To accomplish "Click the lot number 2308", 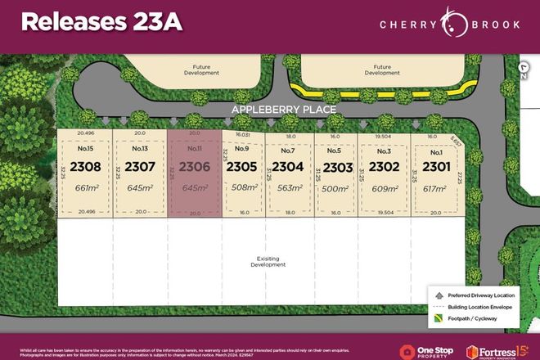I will pos(85,167).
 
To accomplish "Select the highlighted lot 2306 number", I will pos(194,167).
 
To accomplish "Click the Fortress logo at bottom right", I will pos(496,350).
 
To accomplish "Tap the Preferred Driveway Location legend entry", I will pos(479,293).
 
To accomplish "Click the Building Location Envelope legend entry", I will pos(483,304).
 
